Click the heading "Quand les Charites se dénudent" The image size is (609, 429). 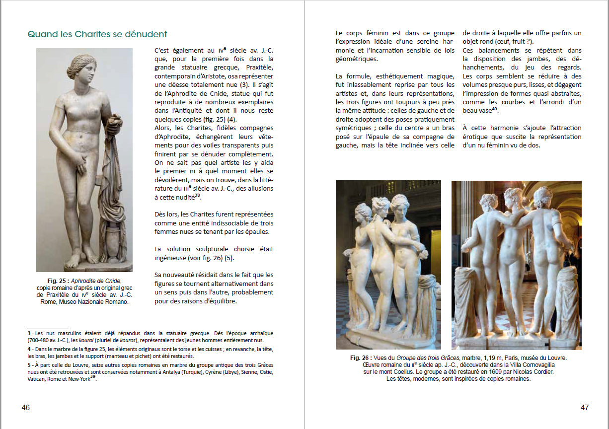tap(97, 34)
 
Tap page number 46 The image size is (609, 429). tap(26, 407)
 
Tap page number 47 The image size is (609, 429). tap(585, 407)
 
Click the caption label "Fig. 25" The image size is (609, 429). tap(58, 281)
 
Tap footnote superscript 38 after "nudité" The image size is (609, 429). tap(198, 195)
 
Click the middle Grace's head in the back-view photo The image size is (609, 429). tap(514, 197)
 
